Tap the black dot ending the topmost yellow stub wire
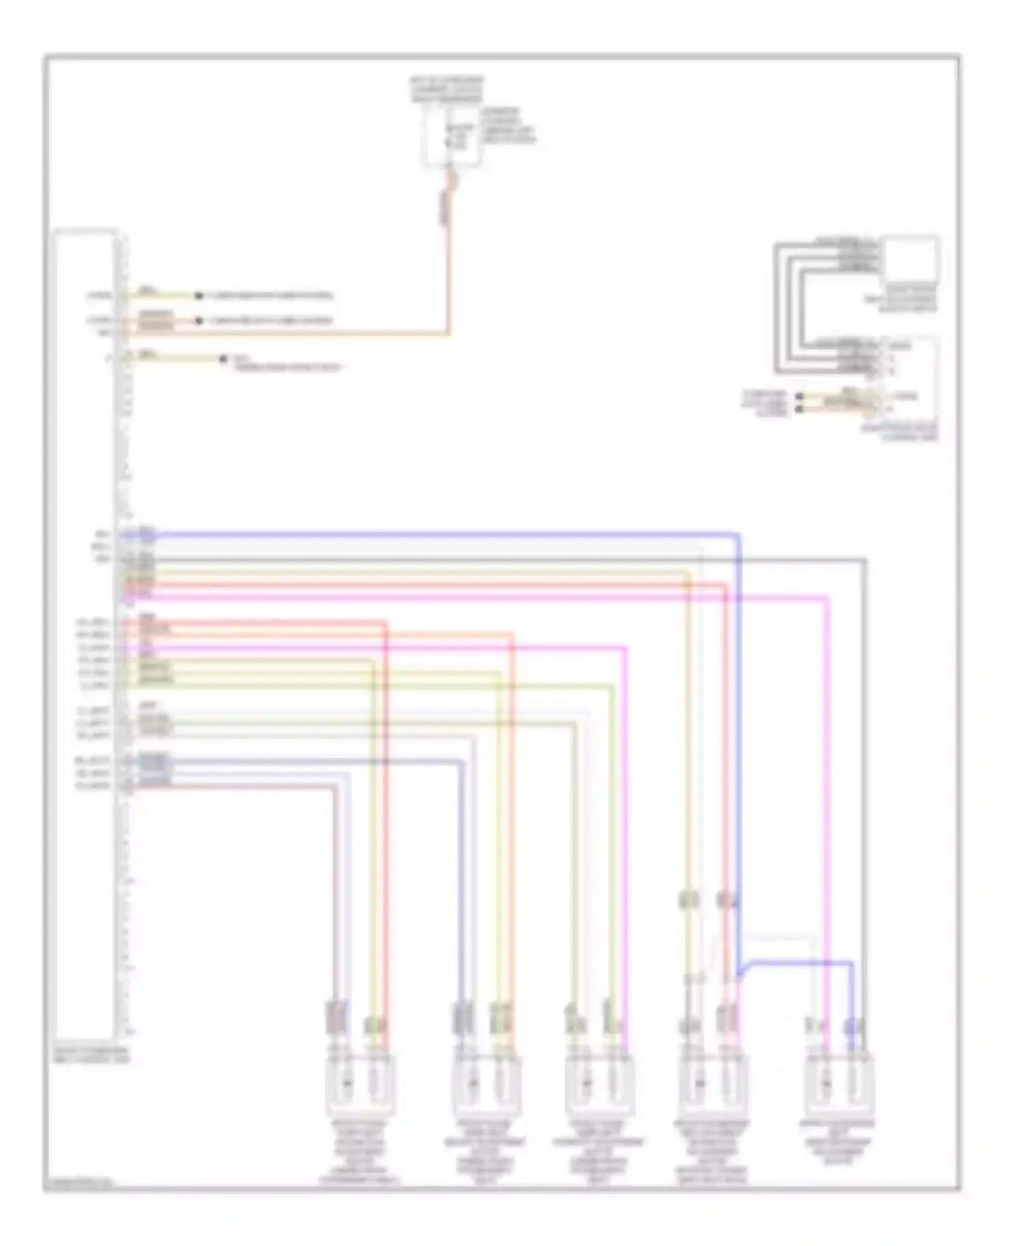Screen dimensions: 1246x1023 pyautogui.click(x=199, y=296)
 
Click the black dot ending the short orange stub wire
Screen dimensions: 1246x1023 pyautogui.click(x=199, y=320)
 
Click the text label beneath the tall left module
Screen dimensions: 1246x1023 pyautogui.click(x=91, y=1056)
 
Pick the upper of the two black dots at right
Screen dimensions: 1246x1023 pyautogui.click(x=799, y=397)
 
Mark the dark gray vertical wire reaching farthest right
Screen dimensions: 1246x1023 pyautogui.click(x=865, y=784)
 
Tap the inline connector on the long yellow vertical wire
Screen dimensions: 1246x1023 pyautogui.click(x=689, y=900)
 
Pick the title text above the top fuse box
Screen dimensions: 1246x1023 pyautogui.click(x=446, y=89)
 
